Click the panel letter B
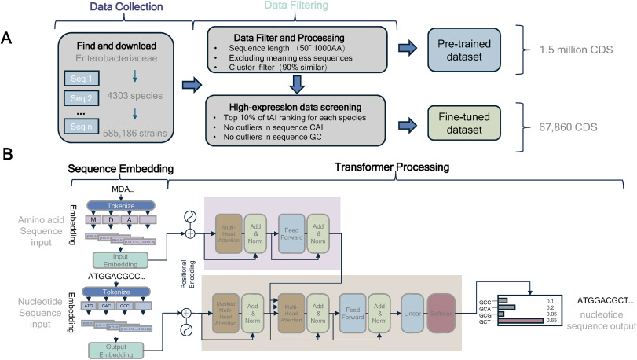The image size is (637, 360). click(9, 156)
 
